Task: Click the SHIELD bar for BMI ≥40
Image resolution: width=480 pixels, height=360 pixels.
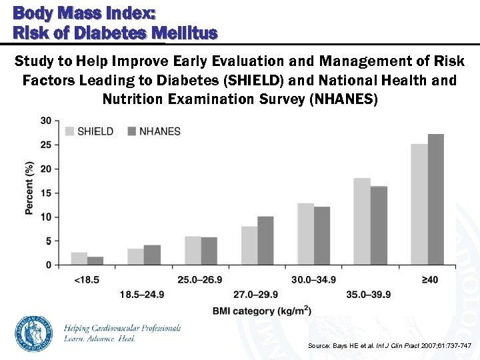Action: [419, 205]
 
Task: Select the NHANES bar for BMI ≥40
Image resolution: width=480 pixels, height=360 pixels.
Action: [436, 199]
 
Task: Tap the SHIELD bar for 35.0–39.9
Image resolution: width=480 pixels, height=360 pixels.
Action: [362, 221]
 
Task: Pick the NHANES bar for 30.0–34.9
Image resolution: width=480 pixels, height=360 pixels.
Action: [322, 236]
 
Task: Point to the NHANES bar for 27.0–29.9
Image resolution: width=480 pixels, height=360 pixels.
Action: [265, 241]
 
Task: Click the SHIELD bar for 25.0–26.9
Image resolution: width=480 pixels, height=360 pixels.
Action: [193, 251]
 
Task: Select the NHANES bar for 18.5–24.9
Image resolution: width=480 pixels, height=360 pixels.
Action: [152, 255]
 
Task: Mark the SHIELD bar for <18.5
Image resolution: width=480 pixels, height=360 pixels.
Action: [79, 259]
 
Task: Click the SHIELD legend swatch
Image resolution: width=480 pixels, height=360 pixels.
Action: [69, 131]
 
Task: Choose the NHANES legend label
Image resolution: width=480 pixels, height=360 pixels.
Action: [159, 131]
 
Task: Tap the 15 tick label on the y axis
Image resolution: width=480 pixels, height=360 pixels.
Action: [46, 193]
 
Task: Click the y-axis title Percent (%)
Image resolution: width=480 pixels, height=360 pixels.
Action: [29, 188]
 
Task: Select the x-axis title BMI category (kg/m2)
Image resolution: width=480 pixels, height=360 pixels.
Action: [262, 311]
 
